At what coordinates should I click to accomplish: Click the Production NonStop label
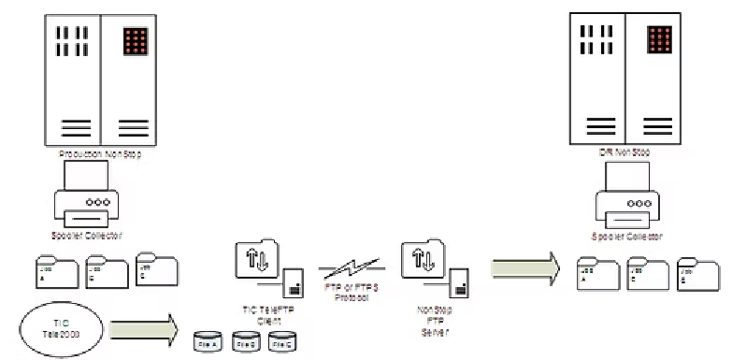click(100, 153)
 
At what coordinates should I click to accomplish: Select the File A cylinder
click(208, 343)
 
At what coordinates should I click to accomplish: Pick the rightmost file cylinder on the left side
click(283, 343)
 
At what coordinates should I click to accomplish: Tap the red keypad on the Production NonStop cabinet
click(136, 41)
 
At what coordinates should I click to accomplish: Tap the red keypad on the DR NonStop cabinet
click(661, 38)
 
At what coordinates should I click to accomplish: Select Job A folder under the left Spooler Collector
click(52, 274)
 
